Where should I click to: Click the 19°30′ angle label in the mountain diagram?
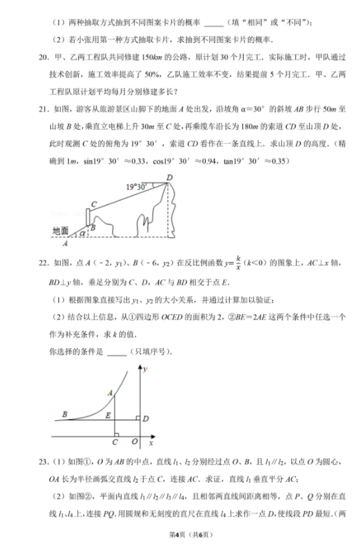click(x=137, y=188)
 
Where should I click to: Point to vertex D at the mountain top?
click(x=170, y=176)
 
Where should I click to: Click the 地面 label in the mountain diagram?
click(x=60, y=231)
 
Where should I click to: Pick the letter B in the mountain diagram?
click(x=93, y=228)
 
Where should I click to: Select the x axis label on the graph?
click(x=151, y=443)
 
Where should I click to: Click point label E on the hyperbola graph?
click(x=108, y=416)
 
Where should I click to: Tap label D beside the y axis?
click(x=145, y=419)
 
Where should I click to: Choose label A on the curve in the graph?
click(x=110, y=394)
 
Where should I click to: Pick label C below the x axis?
click(x=114, y=443)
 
